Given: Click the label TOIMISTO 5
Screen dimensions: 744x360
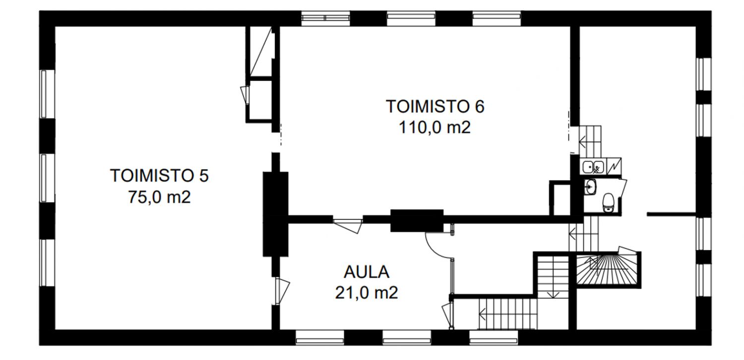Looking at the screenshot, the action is tap(159, 176).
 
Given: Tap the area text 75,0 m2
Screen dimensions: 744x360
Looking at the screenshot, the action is tap(159, 197).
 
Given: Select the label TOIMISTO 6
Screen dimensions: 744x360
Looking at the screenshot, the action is tap(435, 107).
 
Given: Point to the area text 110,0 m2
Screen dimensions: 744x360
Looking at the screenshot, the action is tap(435, 127).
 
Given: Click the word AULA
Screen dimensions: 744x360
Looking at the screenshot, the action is tap(367, 272).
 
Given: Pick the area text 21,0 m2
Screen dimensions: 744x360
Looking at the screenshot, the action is tap(367, 293).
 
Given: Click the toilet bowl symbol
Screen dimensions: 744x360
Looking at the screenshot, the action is tap(608, 202).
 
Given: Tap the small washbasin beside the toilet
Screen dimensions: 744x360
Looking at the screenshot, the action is tap(590, 187).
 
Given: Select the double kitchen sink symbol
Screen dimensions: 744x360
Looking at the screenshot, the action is tap(593, 166).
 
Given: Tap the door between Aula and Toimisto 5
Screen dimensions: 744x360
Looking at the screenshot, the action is tap(282, 291).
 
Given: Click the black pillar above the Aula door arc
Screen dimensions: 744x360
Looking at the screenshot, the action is tap(417, 221).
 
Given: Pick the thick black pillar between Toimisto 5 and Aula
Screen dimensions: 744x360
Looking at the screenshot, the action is tap(275, 214).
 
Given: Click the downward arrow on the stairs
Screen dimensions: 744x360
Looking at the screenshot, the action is tap(553, 294).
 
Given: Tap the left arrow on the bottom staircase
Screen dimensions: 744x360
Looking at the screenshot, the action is tap(482, 314).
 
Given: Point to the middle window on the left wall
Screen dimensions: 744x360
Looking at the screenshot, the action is tap(44, 178).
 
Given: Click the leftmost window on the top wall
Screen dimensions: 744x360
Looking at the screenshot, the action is tap(325, 19).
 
